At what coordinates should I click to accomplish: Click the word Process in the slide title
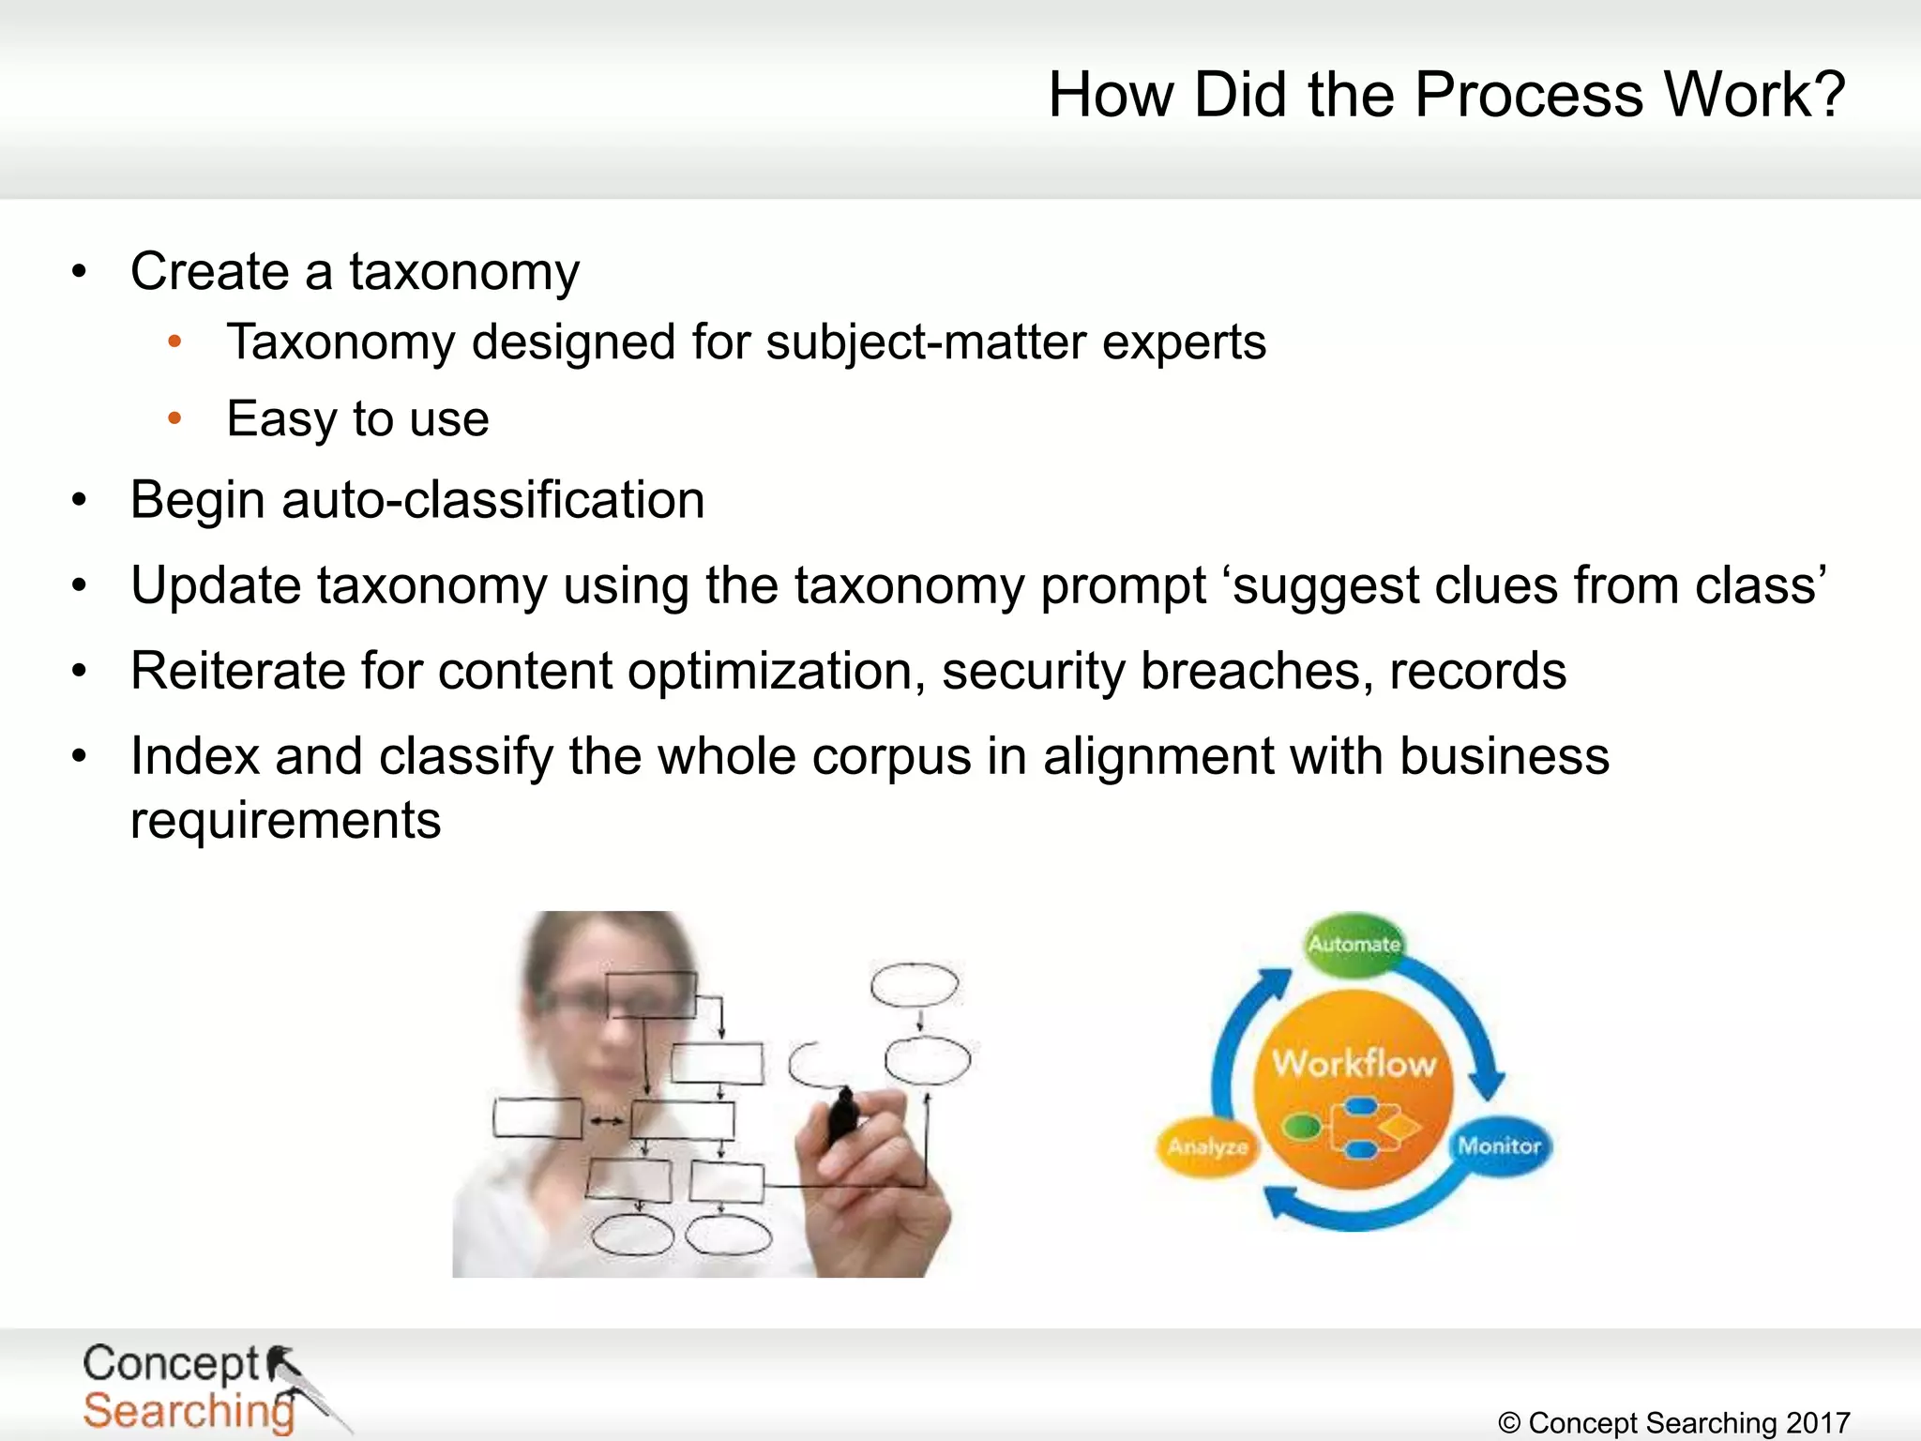(x=1528, y=96)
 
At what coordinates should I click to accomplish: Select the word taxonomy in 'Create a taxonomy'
(x=464, y=274)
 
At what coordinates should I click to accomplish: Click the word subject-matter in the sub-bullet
(x=926, y=342)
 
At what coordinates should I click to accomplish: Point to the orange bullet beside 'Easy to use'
(x=174, y=418)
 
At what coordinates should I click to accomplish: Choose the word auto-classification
(x=492, y=500)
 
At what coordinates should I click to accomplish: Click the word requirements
(x=285, y=821)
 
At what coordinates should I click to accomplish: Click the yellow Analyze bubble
(x=1207, y=1146)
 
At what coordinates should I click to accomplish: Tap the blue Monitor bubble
(x=1499, y=1145)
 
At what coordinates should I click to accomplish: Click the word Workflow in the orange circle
(x=1354, y=1064)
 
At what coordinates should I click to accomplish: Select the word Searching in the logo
(x=189, y=1411)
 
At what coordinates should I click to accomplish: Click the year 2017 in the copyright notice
(x=1818, y=1423)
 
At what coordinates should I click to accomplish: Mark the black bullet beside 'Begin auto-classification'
(x=80, y=500)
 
